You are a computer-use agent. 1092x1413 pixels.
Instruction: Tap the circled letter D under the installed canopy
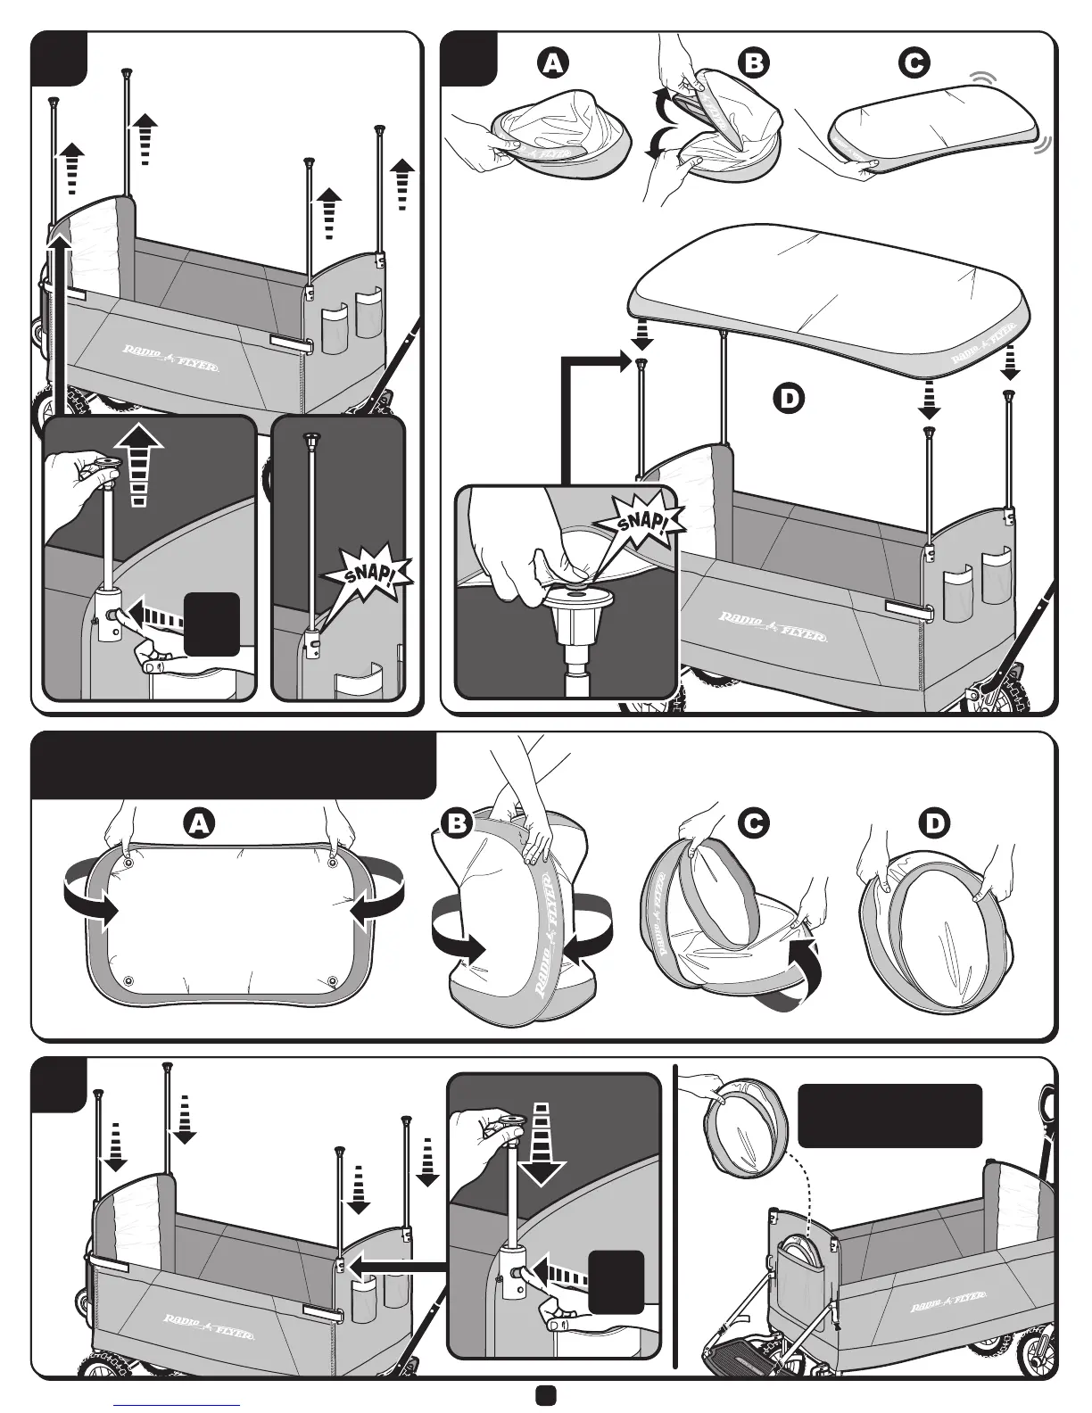pos(787,398)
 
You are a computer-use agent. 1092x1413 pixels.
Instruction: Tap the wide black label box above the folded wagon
pos(889,1115)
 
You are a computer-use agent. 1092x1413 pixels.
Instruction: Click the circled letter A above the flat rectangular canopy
pos(198,822)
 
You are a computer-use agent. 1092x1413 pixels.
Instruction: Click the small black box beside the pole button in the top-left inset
pos(211,624)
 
